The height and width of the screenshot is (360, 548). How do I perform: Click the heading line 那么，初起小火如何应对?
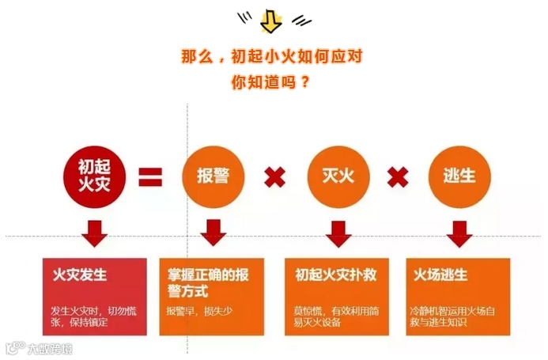tap(273, 58)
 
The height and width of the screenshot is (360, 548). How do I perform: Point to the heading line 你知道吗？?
tap(273, 81)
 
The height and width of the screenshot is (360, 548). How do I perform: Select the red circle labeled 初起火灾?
tap(96, 176)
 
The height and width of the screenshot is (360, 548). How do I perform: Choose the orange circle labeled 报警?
tap(213, 176)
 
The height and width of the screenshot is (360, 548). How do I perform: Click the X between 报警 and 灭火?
tap(274, 176)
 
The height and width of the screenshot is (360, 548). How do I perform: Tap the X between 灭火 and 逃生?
tap(398, 176)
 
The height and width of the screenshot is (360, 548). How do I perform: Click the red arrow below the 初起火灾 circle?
tap(96, 233)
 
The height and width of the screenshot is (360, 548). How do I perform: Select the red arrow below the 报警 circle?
tap(213, 233)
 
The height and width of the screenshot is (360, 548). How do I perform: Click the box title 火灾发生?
tap(80, 276)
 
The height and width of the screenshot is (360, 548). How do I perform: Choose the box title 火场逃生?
tap(440, 276)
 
